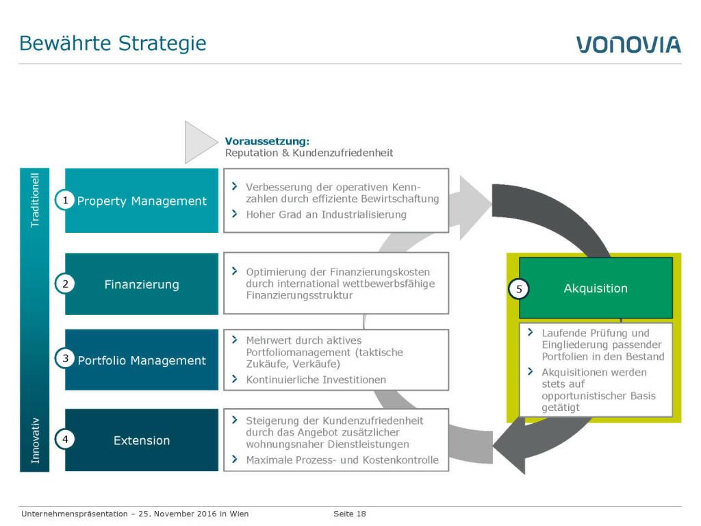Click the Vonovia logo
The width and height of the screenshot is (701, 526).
[628, 45]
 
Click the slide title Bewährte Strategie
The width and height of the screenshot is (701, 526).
[112, 43]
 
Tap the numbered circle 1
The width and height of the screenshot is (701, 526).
[65, 200]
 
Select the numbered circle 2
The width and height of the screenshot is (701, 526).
[65, 284]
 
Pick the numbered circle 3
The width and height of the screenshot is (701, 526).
[65, 359]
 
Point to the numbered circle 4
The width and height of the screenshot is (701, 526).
[65, 440]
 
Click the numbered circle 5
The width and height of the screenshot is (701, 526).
[519, 289]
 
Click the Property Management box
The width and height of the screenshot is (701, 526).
[142, 201]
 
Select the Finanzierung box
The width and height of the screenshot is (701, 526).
[142, 284]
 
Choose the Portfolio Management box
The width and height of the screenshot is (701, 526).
[142, 360]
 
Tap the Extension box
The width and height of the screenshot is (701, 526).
[142, 440]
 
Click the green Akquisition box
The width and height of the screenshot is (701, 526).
[596, 288]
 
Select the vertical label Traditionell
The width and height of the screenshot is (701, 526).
[36, 199]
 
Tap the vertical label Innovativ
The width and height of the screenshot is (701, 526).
[36, 440]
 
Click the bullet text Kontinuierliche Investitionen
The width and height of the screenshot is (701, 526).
[316, 379]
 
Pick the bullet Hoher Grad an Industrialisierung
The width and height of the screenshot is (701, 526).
[326, 214]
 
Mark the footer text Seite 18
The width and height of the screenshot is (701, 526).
[350, 514]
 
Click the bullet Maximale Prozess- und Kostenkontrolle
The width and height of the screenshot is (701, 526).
[342, 460]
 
